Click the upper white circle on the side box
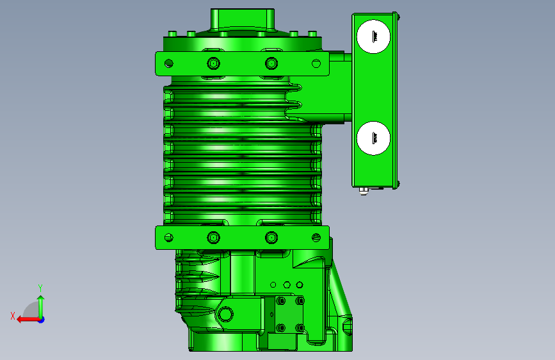tap(373, 37)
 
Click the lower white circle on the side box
tap(373, 138)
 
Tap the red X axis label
tap(13, 316)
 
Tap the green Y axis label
tap(40, 288)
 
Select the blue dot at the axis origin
tap(42, 320)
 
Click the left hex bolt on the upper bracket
tap(213, 63)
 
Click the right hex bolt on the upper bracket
tap(271, 63)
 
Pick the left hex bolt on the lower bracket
tap(213, 238)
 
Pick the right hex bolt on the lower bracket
tap(271, 238)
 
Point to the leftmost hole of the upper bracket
tap(169, 63)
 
